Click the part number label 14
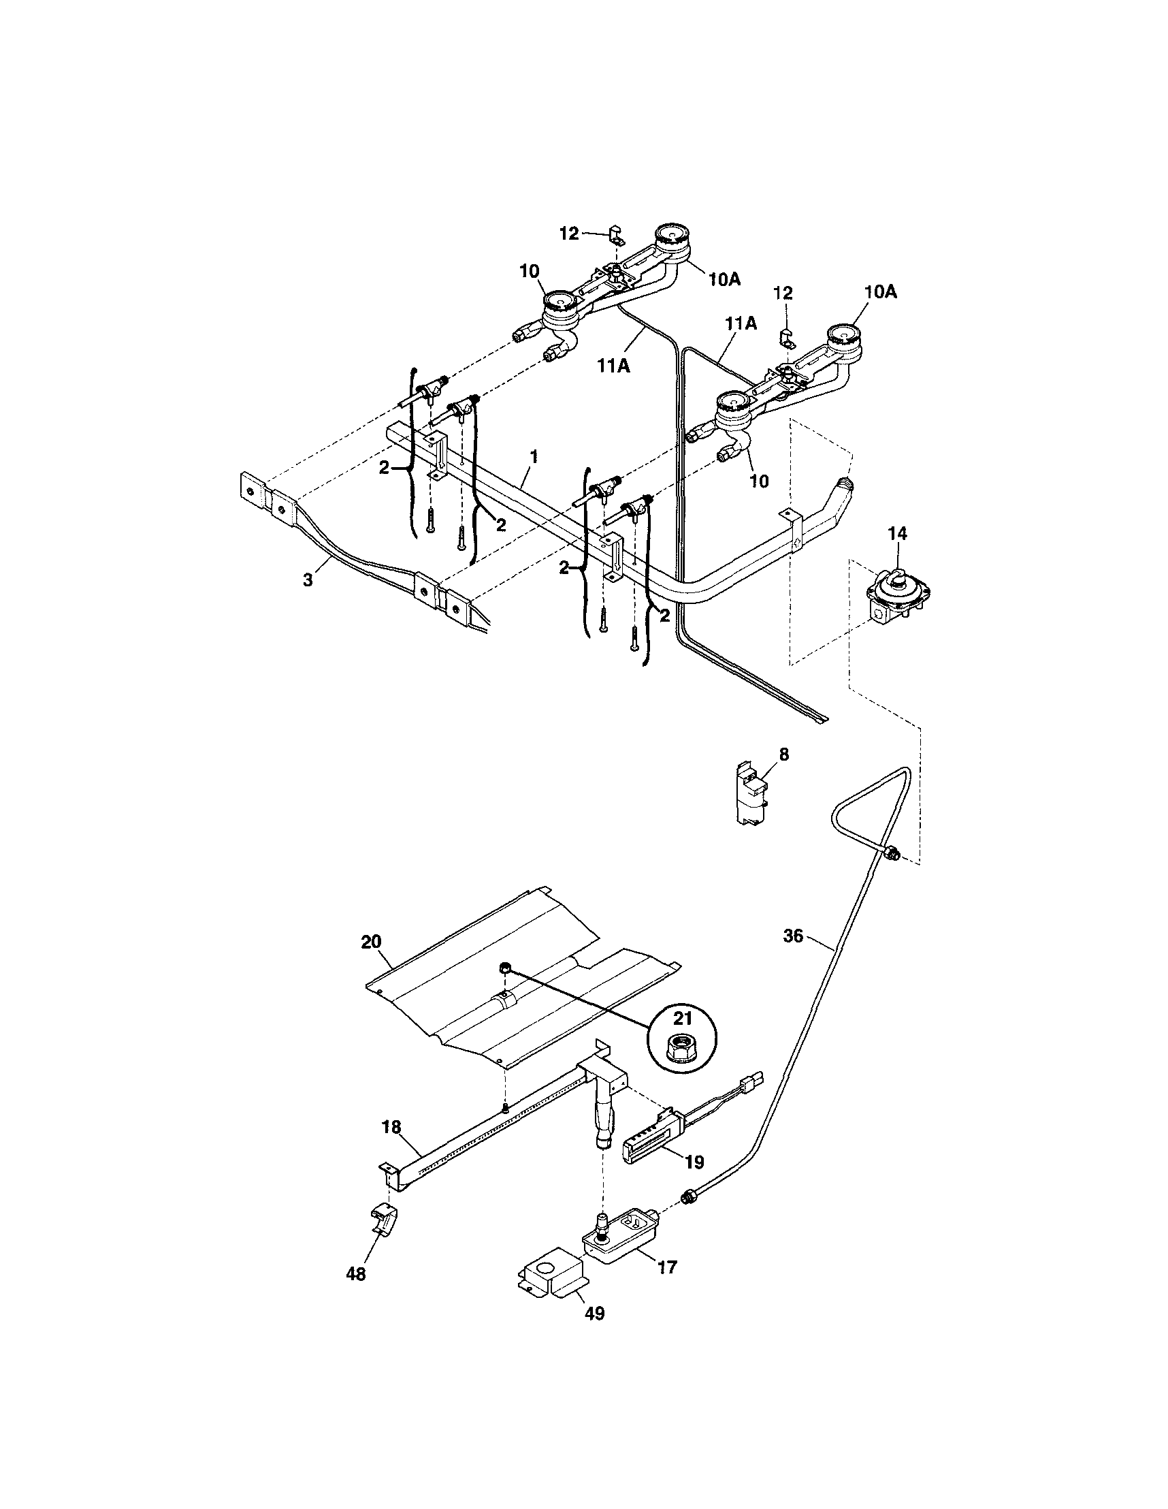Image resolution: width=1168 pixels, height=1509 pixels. click(898, 533)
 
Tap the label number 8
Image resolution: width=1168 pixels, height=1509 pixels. click(783, 754)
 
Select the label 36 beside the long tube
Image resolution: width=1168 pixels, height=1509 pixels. click(794, 936)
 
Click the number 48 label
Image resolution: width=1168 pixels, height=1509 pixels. click(356, 1273)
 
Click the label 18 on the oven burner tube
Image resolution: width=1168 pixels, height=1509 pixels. click(391, 1127)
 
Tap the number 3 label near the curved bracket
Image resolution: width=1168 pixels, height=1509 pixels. click(308, 580)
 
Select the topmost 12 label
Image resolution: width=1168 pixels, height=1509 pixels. click(568, 234)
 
